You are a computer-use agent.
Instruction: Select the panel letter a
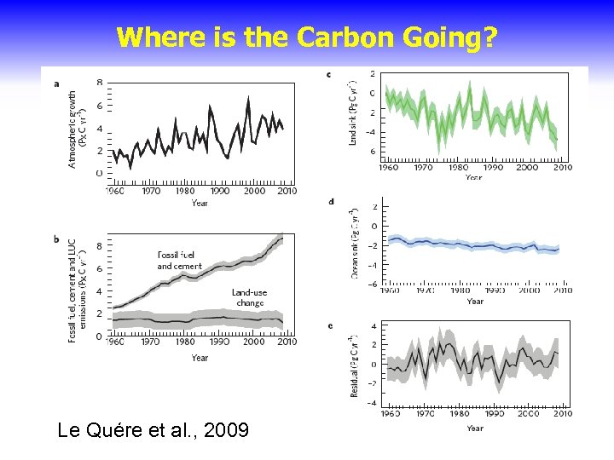click(56, 83)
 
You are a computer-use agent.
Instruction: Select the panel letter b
click(56, 239)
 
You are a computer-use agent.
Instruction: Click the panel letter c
click(329, 75)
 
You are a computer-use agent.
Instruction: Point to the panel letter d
click(330, 202)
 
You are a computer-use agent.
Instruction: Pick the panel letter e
click(330, 325)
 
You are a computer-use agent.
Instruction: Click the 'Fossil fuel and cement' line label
click(179, 261)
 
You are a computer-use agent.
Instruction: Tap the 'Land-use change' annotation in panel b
click(249, 297)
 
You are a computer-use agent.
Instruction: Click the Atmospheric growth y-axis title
click(78, 129)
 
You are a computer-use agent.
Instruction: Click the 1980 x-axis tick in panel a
click(184, 192)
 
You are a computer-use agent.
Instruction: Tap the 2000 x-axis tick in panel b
click(254, 342)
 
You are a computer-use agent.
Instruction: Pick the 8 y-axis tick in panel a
click(101, 83)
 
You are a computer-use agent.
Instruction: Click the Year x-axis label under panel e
click(475, 428)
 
